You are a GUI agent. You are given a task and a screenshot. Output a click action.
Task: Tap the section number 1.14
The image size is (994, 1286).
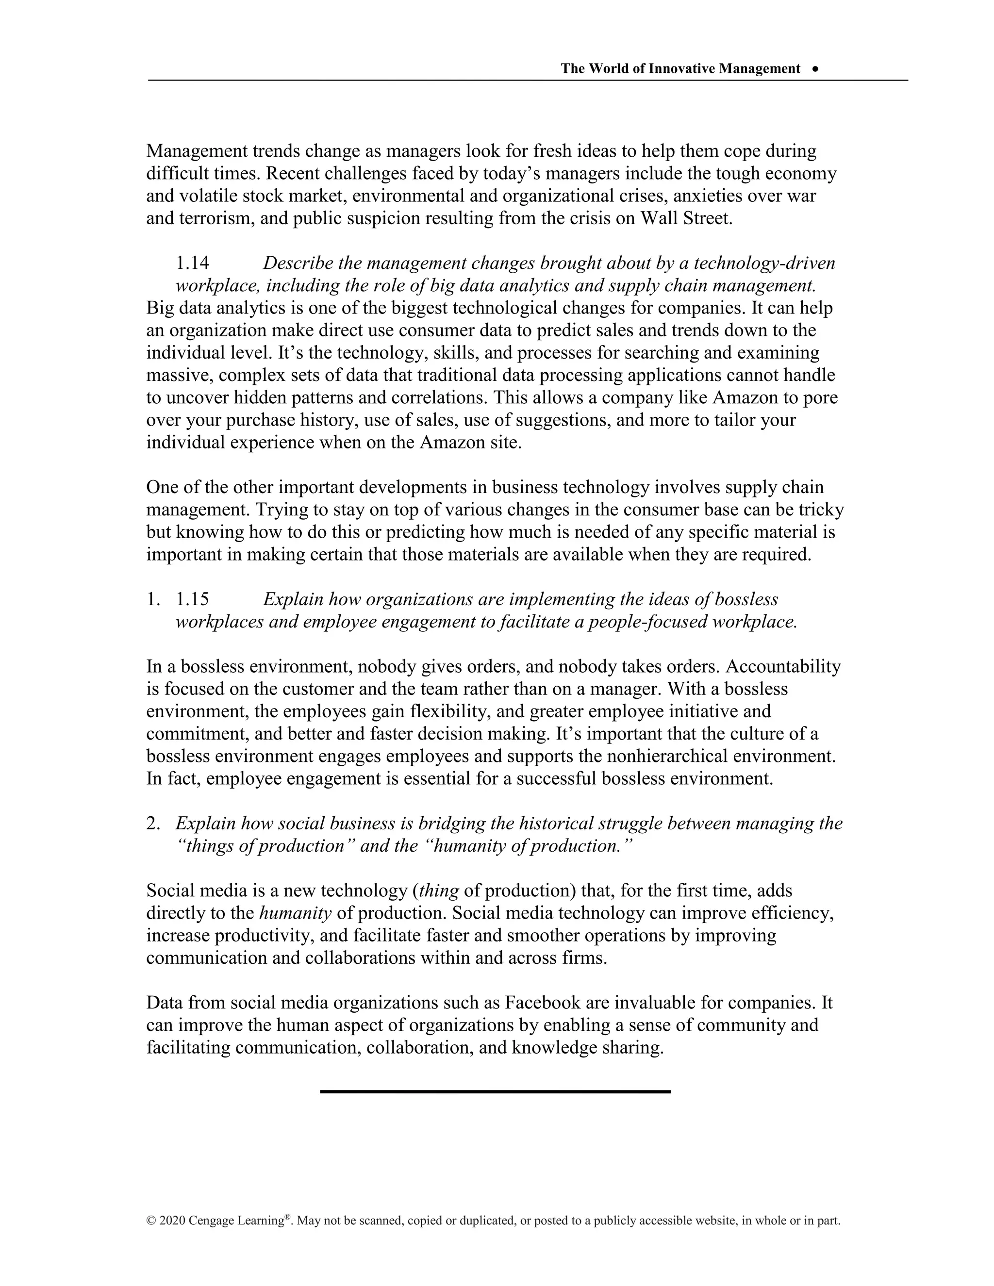(193, 263)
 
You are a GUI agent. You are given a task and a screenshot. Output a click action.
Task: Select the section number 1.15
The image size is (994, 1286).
(193, 599)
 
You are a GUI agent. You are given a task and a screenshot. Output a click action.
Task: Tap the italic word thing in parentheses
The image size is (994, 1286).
(439, 891)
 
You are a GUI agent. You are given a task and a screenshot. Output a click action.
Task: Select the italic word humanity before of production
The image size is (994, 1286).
(296, 913)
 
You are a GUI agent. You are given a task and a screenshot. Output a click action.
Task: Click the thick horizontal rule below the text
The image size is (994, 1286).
(495, 1092)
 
